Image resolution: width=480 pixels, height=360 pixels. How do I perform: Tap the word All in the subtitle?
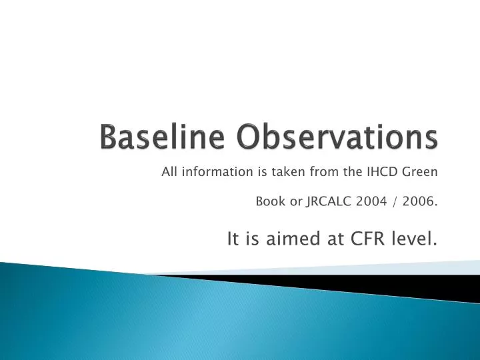click(169, 172)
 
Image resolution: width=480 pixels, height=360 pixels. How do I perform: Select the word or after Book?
click(295, 203)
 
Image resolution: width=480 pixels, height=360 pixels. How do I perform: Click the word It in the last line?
click(233, 239)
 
